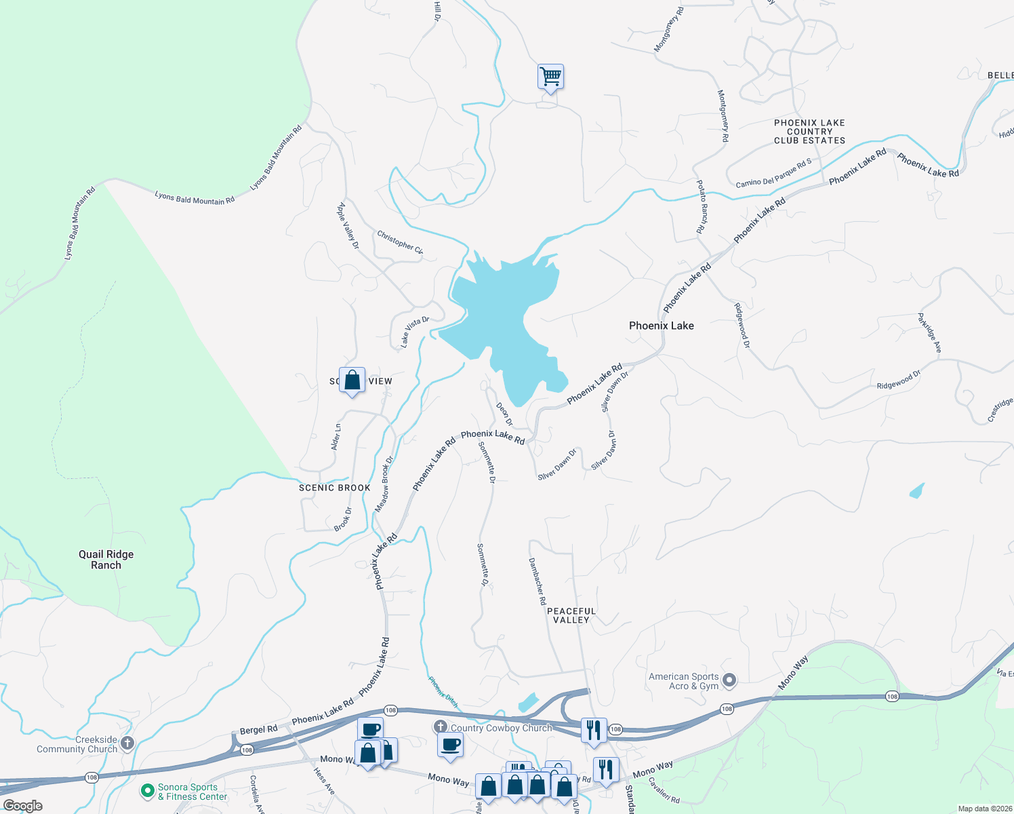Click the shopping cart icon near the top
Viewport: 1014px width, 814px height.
click(x=550, y=76)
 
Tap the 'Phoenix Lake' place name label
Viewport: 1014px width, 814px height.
click(x=661, y=326)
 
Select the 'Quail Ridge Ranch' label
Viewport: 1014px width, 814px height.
click(x=106, y=560)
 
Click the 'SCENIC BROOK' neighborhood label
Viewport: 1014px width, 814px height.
click(x=335, y=488)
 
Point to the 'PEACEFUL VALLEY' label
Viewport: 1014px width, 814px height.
click(x=571, y=615)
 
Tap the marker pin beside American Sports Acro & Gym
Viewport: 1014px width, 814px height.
click(x=729, y=679)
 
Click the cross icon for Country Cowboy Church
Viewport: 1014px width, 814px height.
click(x=441, y=727)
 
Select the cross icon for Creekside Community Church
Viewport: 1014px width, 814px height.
click(x=127, y=743)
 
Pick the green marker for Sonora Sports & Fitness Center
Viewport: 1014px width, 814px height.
click(x=147, y=791)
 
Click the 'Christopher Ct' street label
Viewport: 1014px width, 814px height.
click(x=400, y=242)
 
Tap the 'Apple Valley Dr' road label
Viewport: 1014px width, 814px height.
click(x=348, y=226)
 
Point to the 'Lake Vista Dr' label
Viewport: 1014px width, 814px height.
click(x=415, y=332)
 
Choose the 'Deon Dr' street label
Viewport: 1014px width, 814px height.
click(x=504, y=414)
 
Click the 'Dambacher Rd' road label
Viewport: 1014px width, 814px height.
click(x=538, y=581)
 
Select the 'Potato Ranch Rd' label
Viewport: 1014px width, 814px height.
click(x=702, y=207)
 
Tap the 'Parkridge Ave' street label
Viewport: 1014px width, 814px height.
click(x=929, y=332)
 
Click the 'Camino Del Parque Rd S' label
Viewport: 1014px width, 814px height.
click(x=773, y=174)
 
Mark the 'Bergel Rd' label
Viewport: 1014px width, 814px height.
click(x=258, y=730)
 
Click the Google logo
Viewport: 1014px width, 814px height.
click(x=23, y=806)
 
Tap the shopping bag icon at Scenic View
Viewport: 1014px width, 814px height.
click(x=352, y=380)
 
